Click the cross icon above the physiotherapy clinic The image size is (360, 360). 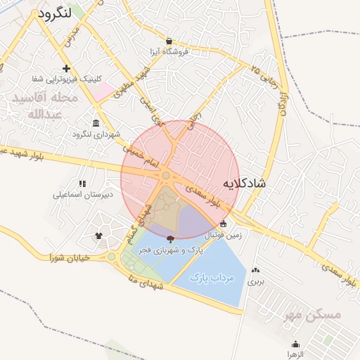66,68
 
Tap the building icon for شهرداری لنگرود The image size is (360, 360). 96,123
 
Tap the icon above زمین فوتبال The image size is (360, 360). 224,224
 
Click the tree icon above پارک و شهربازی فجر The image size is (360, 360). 170,239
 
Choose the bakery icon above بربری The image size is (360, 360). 255,270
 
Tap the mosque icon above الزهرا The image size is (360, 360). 295,345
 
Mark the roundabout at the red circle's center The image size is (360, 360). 166,176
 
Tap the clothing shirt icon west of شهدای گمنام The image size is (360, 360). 98,236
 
